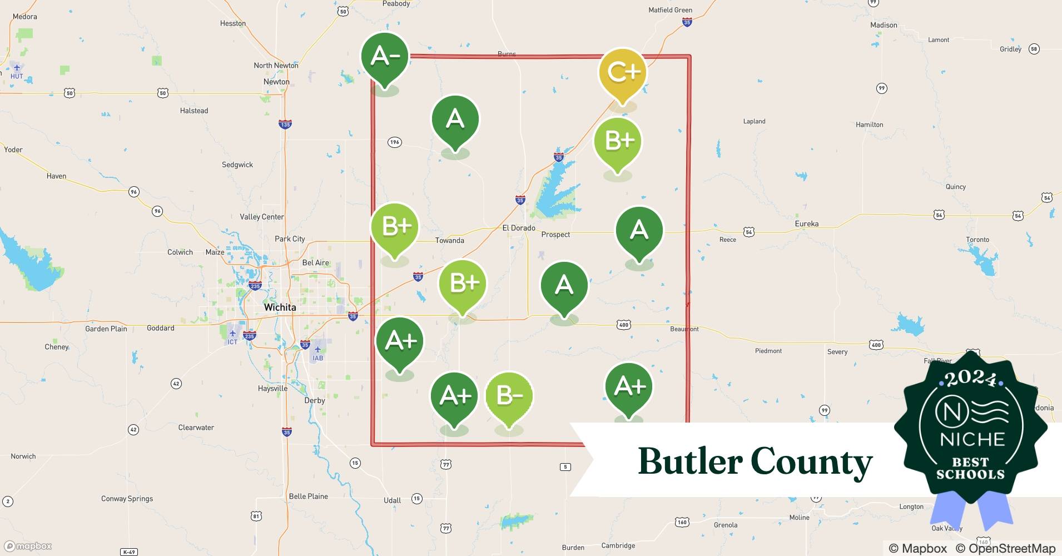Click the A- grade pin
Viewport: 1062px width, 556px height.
tap(385, 57)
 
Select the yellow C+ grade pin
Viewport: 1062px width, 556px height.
tap(623, 72)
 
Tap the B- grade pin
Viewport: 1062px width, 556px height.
tap(509, 396)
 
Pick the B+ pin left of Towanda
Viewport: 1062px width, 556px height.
tap(395, 227)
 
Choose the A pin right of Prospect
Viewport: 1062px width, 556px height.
tap(639, 230)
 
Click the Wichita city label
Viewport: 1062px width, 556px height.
tap(280, 307)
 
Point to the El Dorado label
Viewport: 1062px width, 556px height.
tap(518, 228)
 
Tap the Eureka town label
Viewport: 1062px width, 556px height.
tap(806, 224)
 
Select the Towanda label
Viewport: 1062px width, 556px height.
tap(449, 240)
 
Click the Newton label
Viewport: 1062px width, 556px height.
tap(276, 82)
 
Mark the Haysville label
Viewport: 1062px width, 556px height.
tap(272, 388)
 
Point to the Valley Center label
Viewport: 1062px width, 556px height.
tap(261, 217)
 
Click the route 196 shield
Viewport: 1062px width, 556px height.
tap(394, 142)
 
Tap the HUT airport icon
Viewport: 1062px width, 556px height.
tap(17, 68)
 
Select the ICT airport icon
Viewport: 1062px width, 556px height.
tap(232, 334)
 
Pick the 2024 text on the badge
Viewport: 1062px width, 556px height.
tap(970, 379)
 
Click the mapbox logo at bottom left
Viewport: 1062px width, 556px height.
tap(28, 546)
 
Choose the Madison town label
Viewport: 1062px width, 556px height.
tap(884, 25)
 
